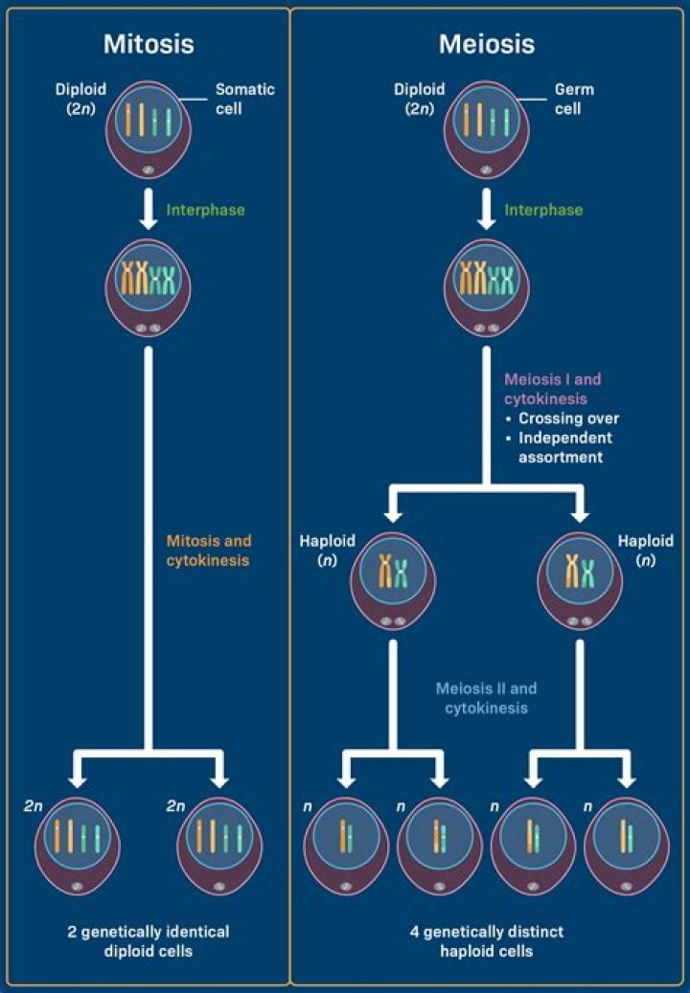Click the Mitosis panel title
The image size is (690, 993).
tap(149, 44)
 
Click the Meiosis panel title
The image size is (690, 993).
tap(487, 44)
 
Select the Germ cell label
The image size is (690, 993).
tap(574, 98)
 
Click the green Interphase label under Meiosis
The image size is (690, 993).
tap(544, 209)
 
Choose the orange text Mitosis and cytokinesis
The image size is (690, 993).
tap(208, 552)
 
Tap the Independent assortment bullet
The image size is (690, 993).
tap(565, 447)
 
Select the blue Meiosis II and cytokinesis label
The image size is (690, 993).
tap(486, 698)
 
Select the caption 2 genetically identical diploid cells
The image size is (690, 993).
tap(149, 939)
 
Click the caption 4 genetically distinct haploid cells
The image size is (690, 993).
tap(487, 941)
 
